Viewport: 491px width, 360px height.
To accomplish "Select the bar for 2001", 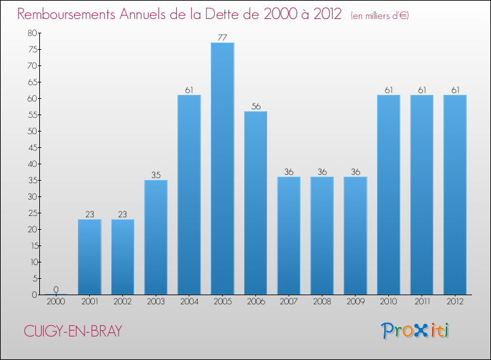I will click(x=90, y=257).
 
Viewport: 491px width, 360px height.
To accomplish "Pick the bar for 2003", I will click(x=156, y=237).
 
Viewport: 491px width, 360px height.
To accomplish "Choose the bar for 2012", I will click(x=455, y=194).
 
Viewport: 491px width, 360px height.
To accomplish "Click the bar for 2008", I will click(x=322, y=236).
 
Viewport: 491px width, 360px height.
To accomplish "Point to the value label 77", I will click(x=223, y=38).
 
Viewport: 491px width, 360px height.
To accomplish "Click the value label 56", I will click(x=255, y=107).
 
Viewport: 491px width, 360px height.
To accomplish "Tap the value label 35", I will click(x=156, y=175).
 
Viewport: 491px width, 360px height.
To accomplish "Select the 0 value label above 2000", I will click(x=56, y=289).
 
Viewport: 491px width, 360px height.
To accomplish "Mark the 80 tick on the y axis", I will click(x=32, y=33).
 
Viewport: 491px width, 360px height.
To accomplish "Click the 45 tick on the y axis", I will click(x=32, y=147).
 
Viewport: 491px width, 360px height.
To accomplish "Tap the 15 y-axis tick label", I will click(x=32, y=245).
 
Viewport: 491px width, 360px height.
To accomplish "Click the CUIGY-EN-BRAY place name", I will click(x=73, y=332).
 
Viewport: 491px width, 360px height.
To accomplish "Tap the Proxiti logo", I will click(x=416, y=331).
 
